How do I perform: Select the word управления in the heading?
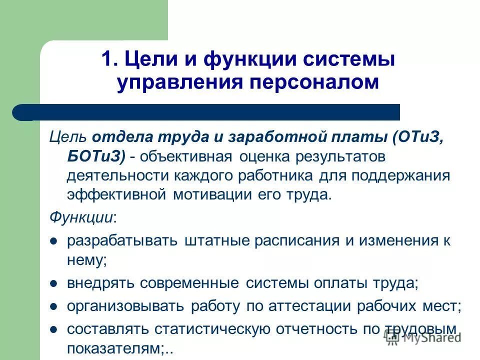pyautogui.click(x=182, y=83)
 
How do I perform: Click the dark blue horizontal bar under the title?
pyautogui.click(x=210, y=112)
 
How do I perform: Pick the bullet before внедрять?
pyautogui.click(x=54, y=283)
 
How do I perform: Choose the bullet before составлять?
pyautogui.click(x=54, y=328)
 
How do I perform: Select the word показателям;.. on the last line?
pyautogui.click(x=119, y=348)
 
